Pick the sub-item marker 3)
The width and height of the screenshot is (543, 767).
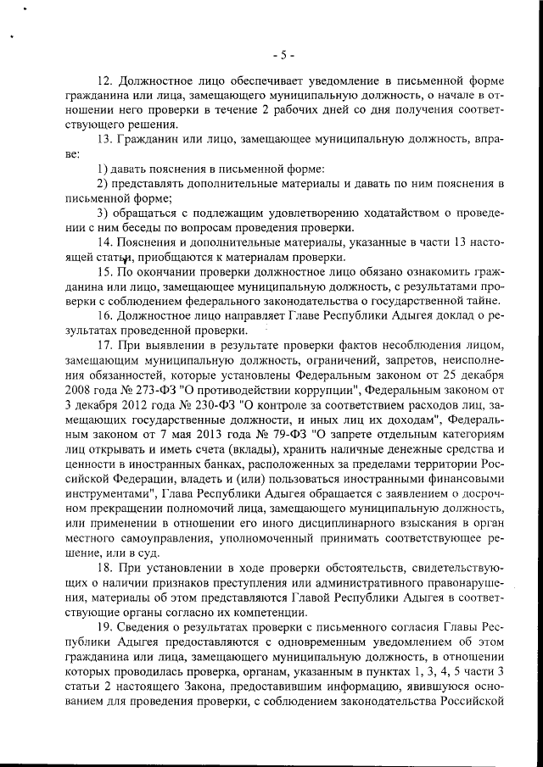click(x=102, y=212)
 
